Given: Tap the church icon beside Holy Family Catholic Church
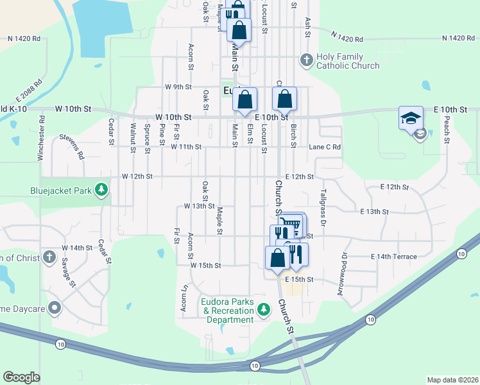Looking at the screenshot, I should [x=306, y=61].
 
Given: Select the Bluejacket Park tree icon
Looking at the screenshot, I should [x=101, y=190].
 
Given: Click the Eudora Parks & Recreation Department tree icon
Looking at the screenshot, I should [x=263, y=311].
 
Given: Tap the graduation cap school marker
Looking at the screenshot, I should [x=411, y=119].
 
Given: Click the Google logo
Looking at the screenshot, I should [x=21, y=377].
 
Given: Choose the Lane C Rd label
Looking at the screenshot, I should [x=325, y=147].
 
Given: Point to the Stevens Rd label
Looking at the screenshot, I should [x=71, y=146].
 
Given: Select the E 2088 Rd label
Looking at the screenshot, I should [x=30, y=92].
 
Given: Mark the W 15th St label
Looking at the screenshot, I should [x=205, y=265].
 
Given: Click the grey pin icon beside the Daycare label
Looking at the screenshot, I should [x=55, y=307].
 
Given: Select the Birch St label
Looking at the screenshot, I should [x=293, y=136].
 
